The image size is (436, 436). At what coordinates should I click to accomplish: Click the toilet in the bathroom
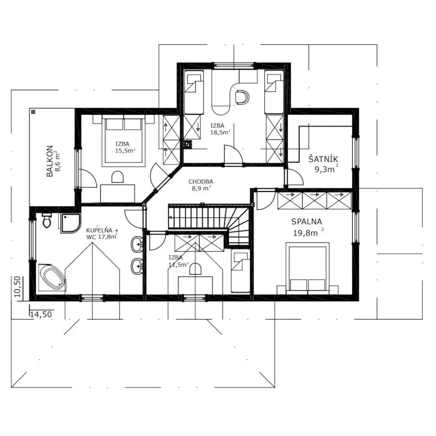point(47,221)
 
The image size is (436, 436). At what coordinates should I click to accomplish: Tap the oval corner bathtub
point(52,277)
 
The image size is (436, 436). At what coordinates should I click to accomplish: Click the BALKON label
point(50,161)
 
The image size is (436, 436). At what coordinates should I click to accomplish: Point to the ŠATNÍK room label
point(323,159)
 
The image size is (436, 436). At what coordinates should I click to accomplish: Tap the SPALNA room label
point(307,221)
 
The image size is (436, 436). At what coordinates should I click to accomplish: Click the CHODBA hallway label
point(201,182)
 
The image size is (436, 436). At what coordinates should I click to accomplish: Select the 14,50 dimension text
point(41,314)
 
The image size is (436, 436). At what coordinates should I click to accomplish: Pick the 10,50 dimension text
point(17,287)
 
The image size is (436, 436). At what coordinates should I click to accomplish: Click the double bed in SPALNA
point(307,268)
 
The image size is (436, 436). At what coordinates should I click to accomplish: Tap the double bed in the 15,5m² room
point(123,141)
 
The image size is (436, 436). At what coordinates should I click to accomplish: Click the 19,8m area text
point(305,233)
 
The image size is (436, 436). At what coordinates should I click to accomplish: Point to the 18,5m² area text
point(220,133)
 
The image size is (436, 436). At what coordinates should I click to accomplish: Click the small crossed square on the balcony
point(34,112)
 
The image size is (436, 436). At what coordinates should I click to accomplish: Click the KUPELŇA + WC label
point(102,234)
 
